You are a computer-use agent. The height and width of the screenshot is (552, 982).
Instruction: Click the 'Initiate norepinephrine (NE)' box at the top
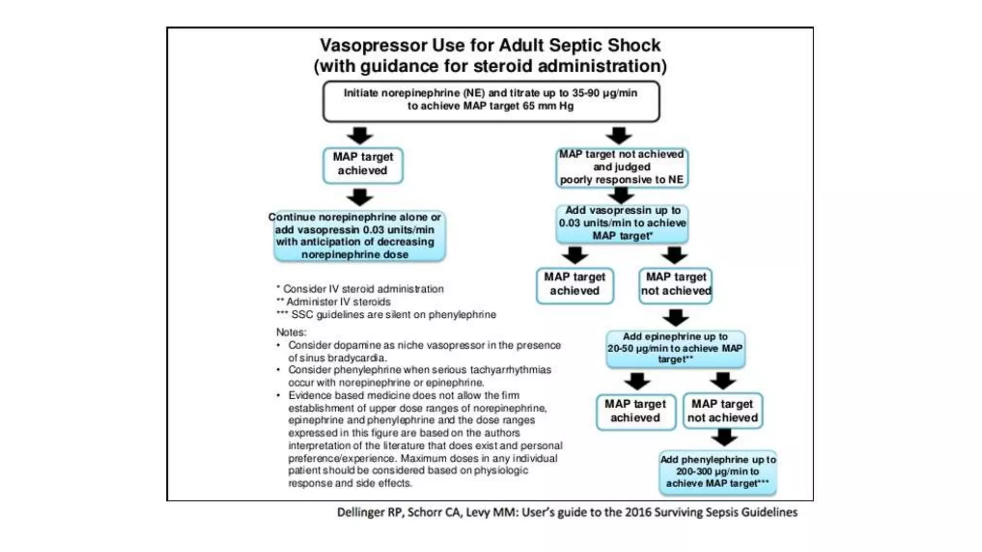(x=491, y=101)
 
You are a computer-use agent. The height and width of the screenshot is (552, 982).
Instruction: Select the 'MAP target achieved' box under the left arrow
(x=362, y=165)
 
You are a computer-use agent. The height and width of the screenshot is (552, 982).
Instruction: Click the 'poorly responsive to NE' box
(x=621, y=167)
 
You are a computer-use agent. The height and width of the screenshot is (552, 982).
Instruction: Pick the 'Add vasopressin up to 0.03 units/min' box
(x=622, y=223)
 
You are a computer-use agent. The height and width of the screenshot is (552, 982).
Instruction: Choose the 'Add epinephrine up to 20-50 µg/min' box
(x=675, y=348)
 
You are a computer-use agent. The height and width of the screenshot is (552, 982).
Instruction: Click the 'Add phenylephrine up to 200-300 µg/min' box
(x=718, y=472)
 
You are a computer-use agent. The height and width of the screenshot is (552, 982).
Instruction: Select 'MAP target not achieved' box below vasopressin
(x=676, y=285)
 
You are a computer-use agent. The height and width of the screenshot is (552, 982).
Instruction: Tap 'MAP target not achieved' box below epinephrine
(x=722, y=411)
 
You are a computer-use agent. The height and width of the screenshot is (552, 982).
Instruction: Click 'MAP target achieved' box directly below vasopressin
(x=574, y=285)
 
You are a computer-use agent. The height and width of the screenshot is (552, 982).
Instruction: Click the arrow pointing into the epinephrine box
(x=676, y=318)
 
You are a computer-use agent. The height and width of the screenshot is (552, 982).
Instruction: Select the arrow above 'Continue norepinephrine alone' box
(x=360, y=197)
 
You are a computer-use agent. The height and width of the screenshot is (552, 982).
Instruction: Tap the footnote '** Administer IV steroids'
(x=334, y=302)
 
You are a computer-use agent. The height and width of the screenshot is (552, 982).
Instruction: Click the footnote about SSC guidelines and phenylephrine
(x=386, y=315)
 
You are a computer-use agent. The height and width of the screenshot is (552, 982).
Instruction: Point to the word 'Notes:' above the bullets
(x=291, y=332)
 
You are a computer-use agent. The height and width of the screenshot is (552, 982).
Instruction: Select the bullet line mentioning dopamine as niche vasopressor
(x=424, y=345)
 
